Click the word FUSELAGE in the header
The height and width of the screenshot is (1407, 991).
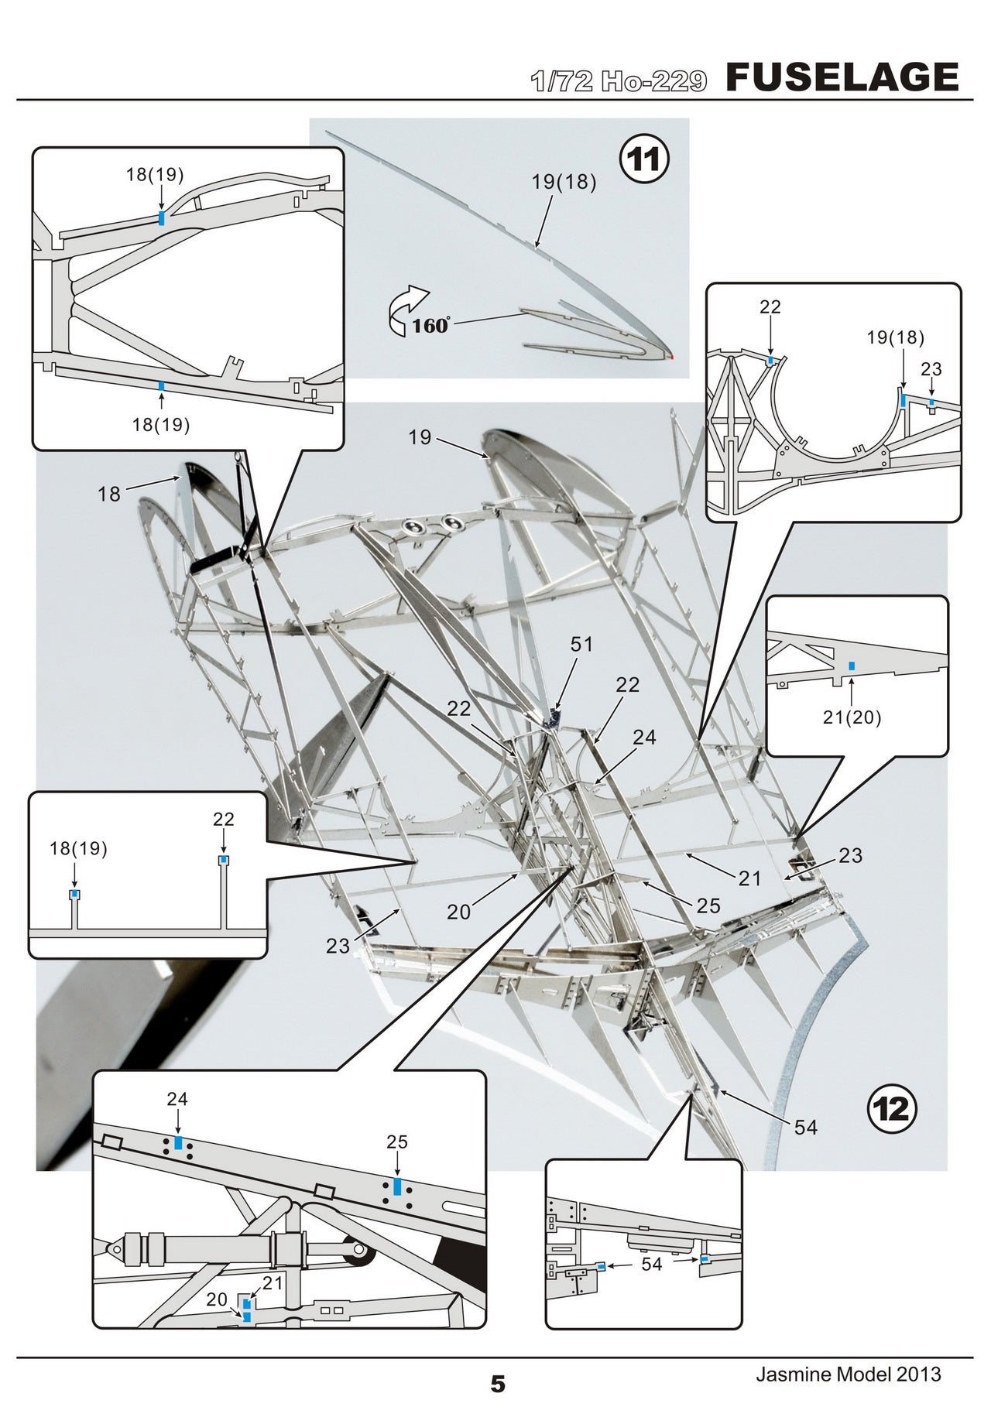click(x=842, y=77)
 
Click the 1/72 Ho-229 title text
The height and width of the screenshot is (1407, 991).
click(x=619, y=80)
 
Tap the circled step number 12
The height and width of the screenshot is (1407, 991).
click(x=891, y=1110)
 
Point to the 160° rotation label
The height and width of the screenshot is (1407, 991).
click(x=430, y=325)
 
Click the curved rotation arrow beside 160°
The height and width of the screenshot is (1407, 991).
click(x=408, y=307)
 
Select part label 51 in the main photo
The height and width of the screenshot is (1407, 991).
click(x=581, y=645)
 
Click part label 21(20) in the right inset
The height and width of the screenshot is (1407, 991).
click(x=852, y=717)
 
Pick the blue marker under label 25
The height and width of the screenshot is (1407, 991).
click(x=397, y=1186)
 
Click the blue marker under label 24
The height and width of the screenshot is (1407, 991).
click(x=178, y=1143)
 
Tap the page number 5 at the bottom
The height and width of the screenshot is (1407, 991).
click(x=498, y=1384)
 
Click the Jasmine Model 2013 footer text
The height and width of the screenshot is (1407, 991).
click(x=849, y=1374)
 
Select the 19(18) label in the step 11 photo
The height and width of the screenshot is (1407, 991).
click(x=564, y=183)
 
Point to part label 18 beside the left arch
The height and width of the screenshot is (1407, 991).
click(x=109, y=494)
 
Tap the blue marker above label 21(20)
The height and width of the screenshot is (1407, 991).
click(x=852, y=666)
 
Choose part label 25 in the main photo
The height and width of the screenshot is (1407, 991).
click(x=708, y=905)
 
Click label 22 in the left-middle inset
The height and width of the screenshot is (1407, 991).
click(x=223, y=819)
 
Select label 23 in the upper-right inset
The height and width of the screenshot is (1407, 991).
click(x=931, y=369)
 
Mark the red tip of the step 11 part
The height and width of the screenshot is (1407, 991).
click(x=672, y=357)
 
